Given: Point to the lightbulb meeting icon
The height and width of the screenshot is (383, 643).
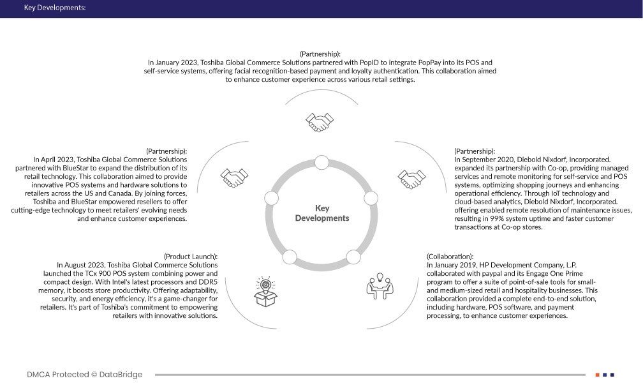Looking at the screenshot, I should (380, 286).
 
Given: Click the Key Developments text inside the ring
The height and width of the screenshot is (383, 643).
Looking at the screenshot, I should (321, 213).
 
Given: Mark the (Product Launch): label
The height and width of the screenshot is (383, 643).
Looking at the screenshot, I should (191, 256).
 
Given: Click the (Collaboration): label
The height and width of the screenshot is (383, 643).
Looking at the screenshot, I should (450, 256).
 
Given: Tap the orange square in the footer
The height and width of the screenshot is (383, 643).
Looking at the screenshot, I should (597, 375).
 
